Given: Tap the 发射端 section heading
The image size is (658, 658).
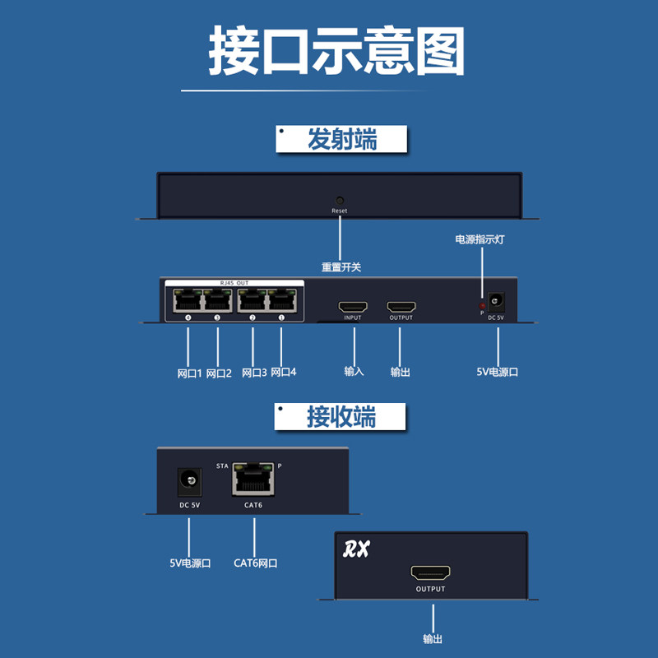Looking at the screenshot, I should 341,139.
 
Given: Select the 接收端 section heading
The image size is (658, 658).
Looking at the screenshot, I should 341,417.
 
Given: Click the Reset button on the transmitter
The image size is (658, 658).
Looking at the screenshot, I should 340,200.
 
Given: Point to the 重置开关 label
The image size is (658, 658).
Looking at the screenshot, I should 341,267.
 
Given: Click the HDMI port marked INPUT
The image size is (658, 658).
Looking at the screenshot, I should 354,305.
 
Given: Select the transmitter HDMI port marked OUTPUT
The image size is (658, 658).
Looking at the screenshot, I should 401,305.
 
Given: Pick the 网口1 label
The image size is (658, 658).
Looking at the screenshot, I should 189,373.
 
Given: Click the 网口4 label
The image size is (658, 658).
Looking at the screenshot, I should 283,372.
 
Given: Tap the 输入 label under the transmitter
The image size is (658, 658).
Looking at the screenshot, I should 354,372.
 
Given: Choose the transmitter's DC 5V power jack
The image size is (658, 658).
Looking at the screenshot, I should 496,302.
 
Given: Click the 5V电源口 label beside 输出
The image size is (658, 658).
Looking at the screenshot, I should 497,372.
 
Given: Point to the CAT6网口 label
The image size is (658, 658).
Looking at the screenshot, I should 255,563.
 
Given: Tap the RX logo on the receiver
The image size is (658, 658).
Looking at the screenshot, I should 356,549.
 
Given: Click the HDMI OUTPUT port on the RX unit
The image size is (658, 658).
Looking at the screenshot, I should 429,572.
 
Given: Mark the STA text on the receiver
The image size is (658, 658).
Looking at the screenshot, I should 222,466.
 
